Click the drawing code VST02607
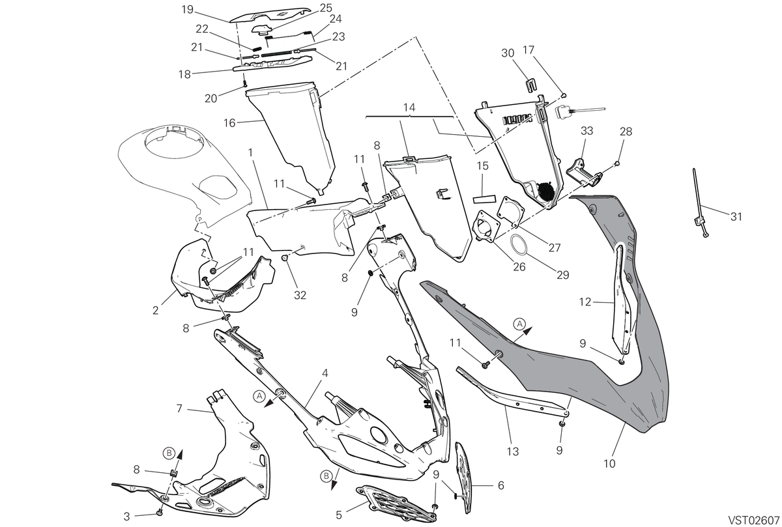point(755,519)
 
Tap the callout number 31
point(736,217)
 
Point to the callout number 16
point(229,123)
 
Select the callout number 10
point(609,464)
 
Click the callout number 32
point(300,295)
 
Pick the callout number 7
point(179,408)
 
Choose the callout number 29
point(563,275)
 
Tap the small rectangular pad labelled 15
point(484,199)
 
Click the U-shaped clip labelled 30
point(530,85)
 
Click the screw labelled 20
point(245,84)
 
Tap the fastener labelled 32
point(285,258)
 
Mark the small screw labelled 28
point(617,163)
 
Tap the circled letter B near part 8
point(169,453)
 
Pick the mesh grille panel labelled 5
point(396,504)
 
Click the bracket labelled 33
point(584,174)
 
